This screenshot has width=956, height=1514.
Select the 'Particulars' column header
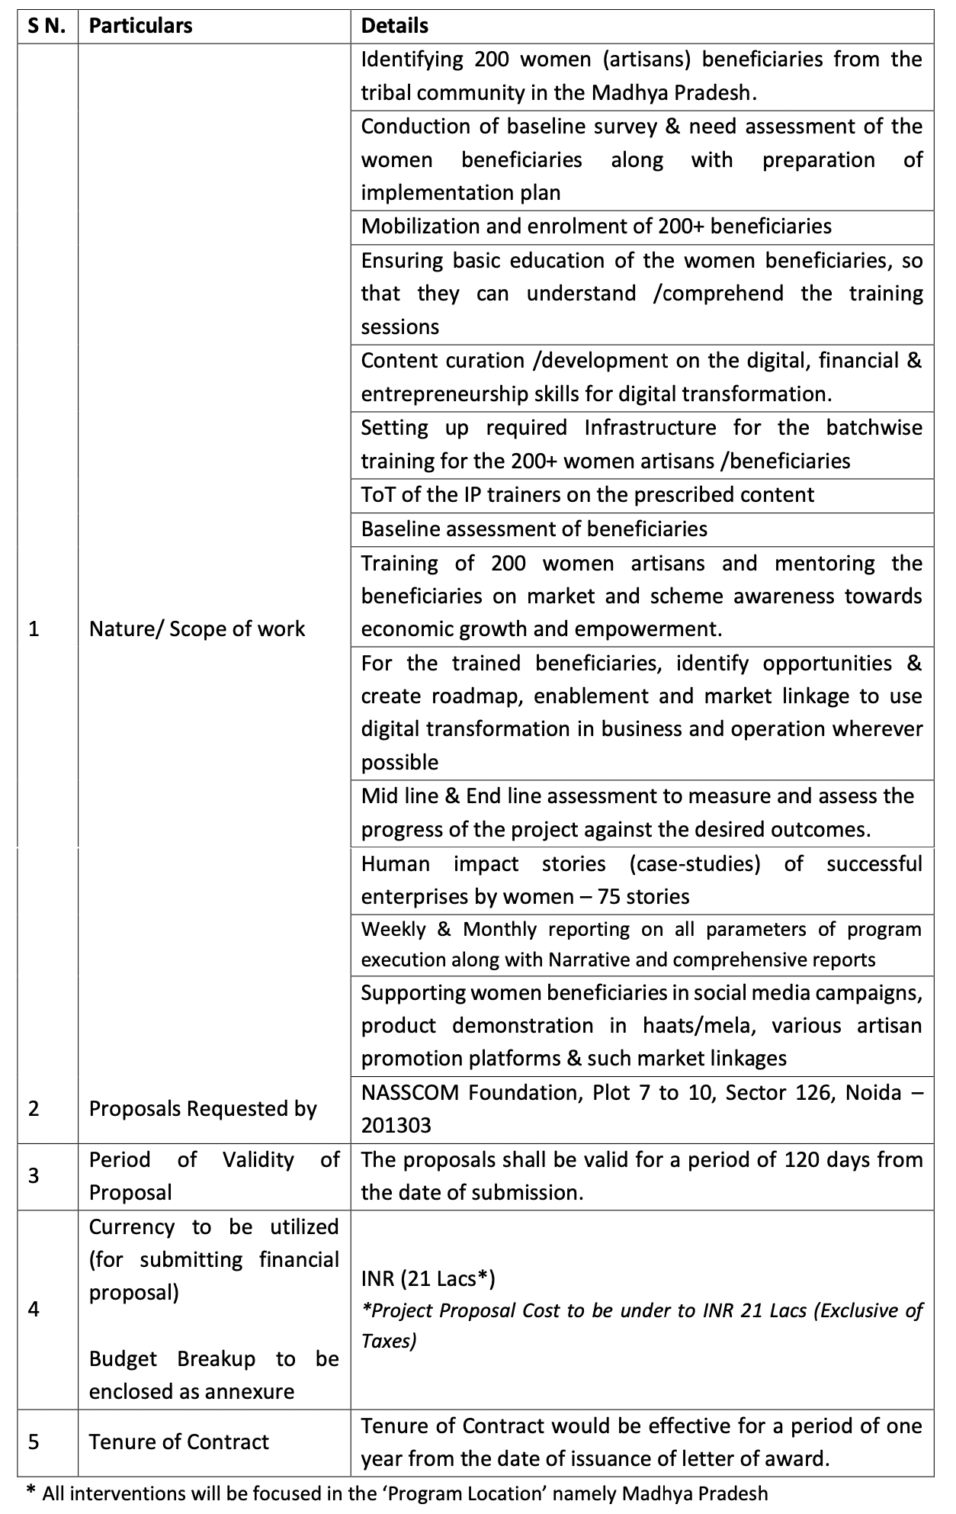(140, 26)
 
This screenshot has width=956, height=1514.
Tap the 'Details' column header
(394, 26)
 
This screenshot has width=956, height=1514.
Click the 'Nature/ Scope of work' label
(197, 628)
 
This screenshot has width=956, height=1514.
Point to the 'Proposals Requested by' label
(203, 1108)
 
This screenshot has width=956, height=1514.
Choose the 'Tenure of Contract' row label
(179, 1442)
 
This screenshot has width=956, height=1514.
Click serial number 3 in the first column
(34, 1175)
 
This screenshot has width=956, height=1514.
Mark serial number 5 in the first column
(34, 1442)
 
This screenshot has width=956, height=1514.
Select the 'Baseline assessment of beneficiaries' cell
(534, 529)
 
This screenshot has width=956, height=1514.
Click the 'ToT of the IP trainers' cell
(587, 494)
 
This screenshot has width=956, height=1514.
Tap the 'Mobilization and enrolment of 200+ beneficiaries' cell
(596, 226)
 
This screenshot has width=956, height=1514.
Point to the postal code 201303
(396, 1125)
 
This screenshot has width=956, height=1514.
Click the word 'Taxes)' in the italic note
(389, 1341)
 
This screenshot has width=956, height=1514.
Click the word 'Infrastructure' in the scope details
(650, 427)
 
